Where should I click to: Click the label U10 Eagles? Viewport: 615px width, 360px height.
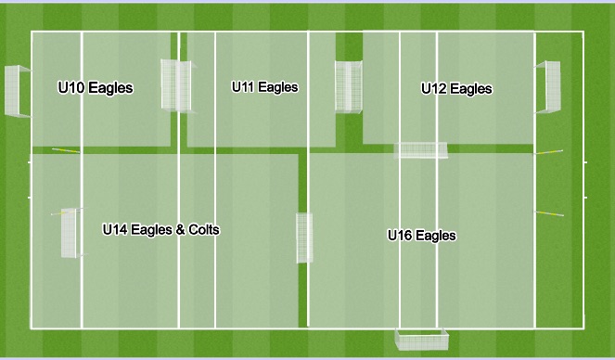pyautogui.click(x=95, y=89)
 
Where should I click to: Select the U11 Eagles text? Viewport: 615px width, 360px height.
pyautogui.click(x=264, y=87)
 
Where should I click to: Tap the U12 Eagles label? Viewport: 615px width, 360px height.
pyautogui.click(x=456, y=89)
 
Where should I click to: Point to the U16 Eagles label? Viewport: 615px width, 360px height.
pyautogui.click(x=421, y=236)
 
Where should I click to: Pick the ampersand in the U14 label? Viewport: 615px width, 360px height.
pyautogui.click(x=180, y=229)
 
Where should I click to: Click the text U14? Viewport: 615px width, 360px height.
pyautogui.click(x=114, y=229)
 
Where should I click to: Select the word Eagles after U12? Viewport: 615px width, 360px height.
pyautogui.click(x=471, y=89)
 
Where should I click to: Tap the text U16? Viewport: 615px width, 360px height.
pyautogui.click(x=400, y=236)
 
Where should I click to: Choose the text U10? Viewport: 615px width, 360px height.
pyautogui.click(x=71, y=89)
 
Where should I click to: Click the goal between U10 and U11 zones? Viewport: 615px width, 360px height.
pyautogui.click(x=174, y=84)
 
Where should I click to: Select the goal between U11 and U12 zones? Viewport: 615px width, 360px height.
pyautogui.click(x=349, y=87)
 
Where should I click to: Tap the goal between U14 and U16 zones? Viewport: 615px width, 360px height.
pyautogui.click(x=304, y=238)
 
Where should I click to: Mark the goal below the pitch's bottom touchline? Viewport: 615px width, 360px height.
pyautogui.click(x=422, y=340)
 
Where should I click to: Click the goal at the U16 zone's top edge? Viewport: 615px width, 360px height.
pyautogui.click(x=422, y=150)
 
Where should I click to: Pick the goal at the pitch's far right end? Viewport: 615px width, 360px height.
pyautogui.click(x=548, y=86)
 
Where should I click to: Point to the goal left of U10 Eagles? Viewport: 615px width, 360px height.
pyautogui.click(x=17, y=91)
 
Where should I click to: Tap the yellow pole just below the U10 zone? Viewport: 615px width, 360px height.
pyautogui.click(x=65, y=150)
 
